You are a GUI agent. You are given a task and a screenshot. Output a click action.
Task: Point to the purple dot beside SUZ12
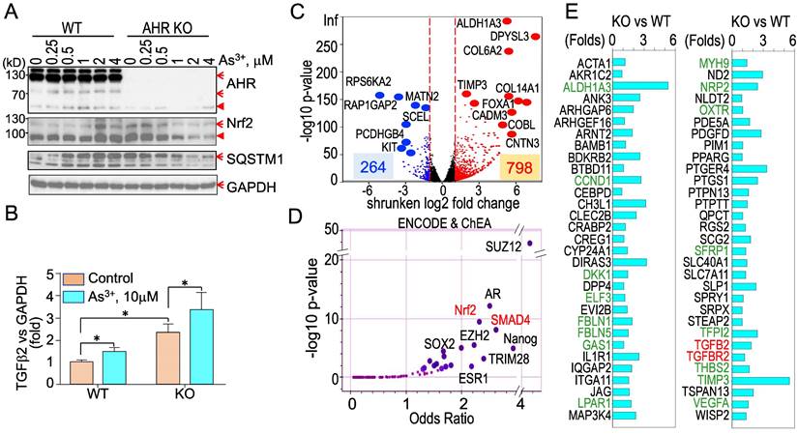click(x=530, y=243)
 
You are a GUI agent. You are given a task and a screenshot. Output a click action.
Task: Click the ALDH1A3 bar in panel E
click(x=639, y=85)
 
